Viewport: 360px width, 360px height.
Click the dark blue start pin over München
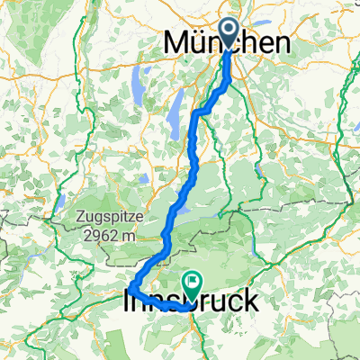[229, 35]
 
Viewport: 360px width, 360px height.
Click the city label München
[229, 44]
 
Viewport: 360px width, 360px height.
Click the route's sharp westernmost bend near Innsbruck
[131, 287]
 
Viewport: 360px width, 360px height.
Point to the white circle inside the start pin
[229, 31]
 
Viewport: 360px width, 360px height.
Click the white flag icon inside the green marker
[193, 281]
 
